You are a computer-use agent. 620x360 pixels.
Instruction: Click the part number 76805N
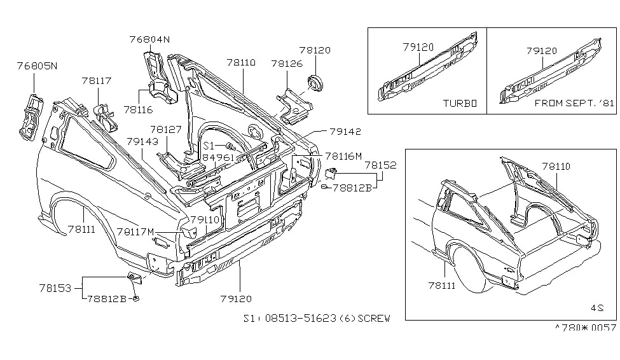tap(37, 66)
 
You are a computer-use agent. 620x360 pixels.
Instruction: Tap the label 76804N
tap(150, 39)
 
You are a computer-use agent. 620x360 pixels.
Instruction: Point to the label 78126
tap(286, 64)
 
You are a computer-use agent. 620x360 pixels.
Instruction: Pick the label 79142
tap(345, 132)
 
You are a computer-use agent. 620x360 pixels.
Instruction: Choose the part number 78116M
tap(344, 156)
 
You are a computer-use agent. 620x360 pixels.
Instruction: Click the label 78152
tap(380, 165)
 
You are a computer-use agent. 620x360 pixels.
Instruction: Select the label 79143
tap(142, 141)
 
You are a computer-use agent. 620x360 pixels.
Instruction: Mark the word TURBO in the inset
tap(460, 102)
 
